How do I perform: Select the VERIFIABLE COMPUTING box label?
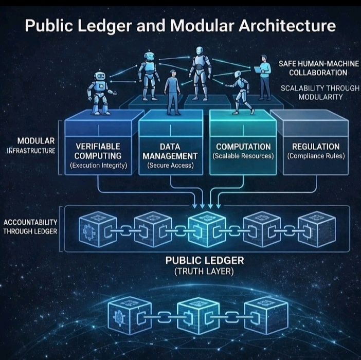pyautogui.click(x=98, y=151)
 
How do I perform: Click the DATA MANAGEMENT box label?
pyautogui.click(x=170, y=151)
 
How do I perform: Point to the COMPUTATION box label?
pyautogui.click(x=243, y=147)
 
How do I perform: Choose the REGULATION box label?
pyautogui.click(x=316, y=147)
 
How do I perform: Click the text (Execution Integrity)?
pyautogui.click(x=98, y=165)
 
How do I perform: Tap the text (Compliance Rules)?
pyautogui.click(x=316, y=156)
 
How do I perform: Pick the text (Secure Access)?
pyautogui.click(x=170, y=165)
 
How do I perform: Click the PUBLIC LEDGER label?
pyautogui.click(x=205, y=261)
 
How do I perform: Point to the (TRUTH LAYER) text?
pyautogui.click(x=205, y=272)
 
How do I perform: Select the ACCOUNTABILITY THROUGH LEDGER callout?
pyautogui.click(x=30, y=226)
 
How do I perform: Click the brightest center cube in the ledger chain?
pyautogui.click(x=204, y=228)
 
